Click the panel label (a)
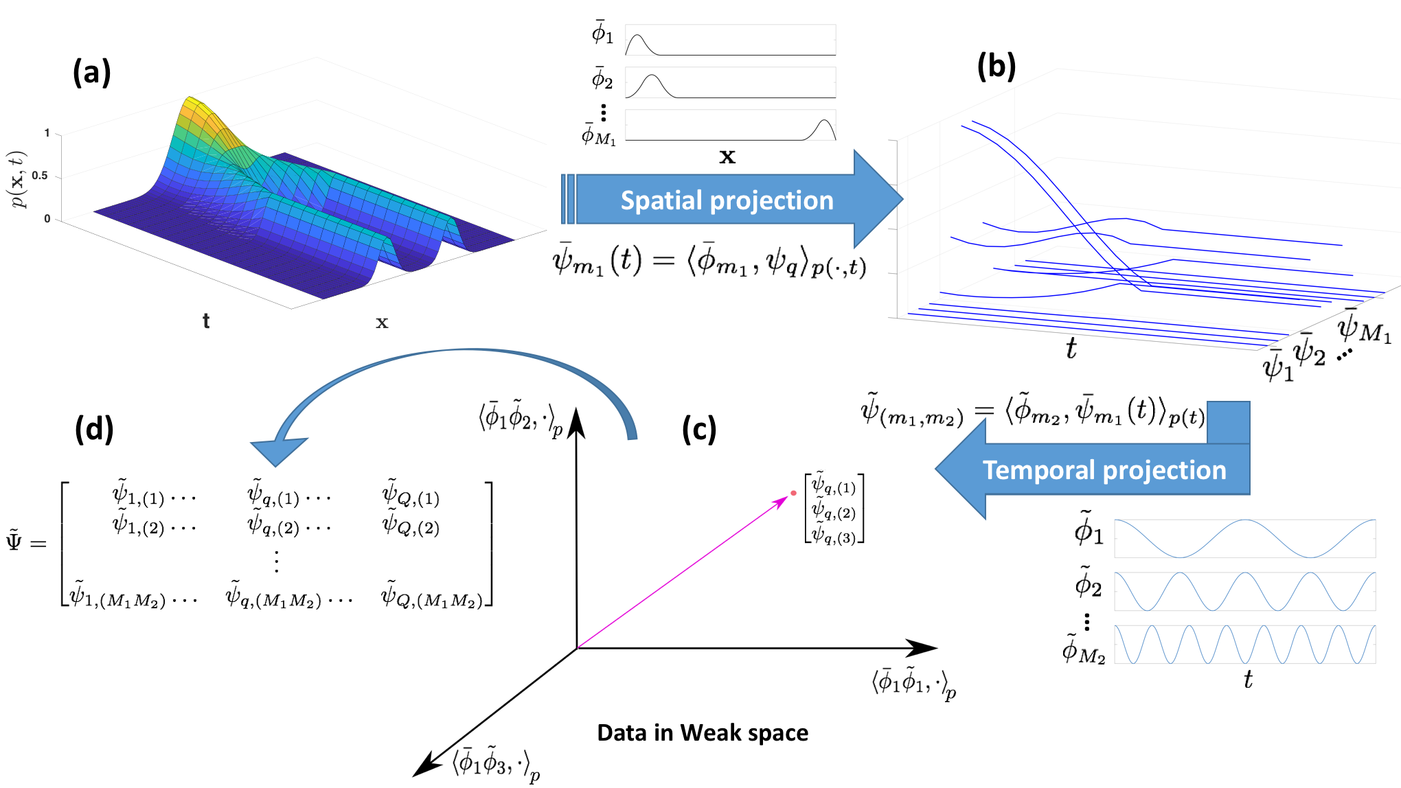click(91, 72)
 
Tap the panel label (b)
click(996, 67)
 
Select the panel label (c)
click(699, 429)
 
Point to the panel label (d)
click(94, 429)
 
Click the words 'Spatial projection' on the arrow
click(727, 200)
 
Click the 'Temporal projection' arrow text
click(1104, 470)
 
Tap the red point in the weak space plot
click(793, 493)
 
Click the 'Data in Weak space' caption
click(702, 732)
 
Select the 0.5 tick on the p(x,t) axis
click(40, 176)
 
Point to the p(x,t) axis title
click(17, 178)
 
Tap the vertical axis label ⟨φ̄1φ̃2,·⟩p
click(521, 417)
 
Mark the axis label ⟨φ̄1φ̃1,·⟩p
click(913, 684)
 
